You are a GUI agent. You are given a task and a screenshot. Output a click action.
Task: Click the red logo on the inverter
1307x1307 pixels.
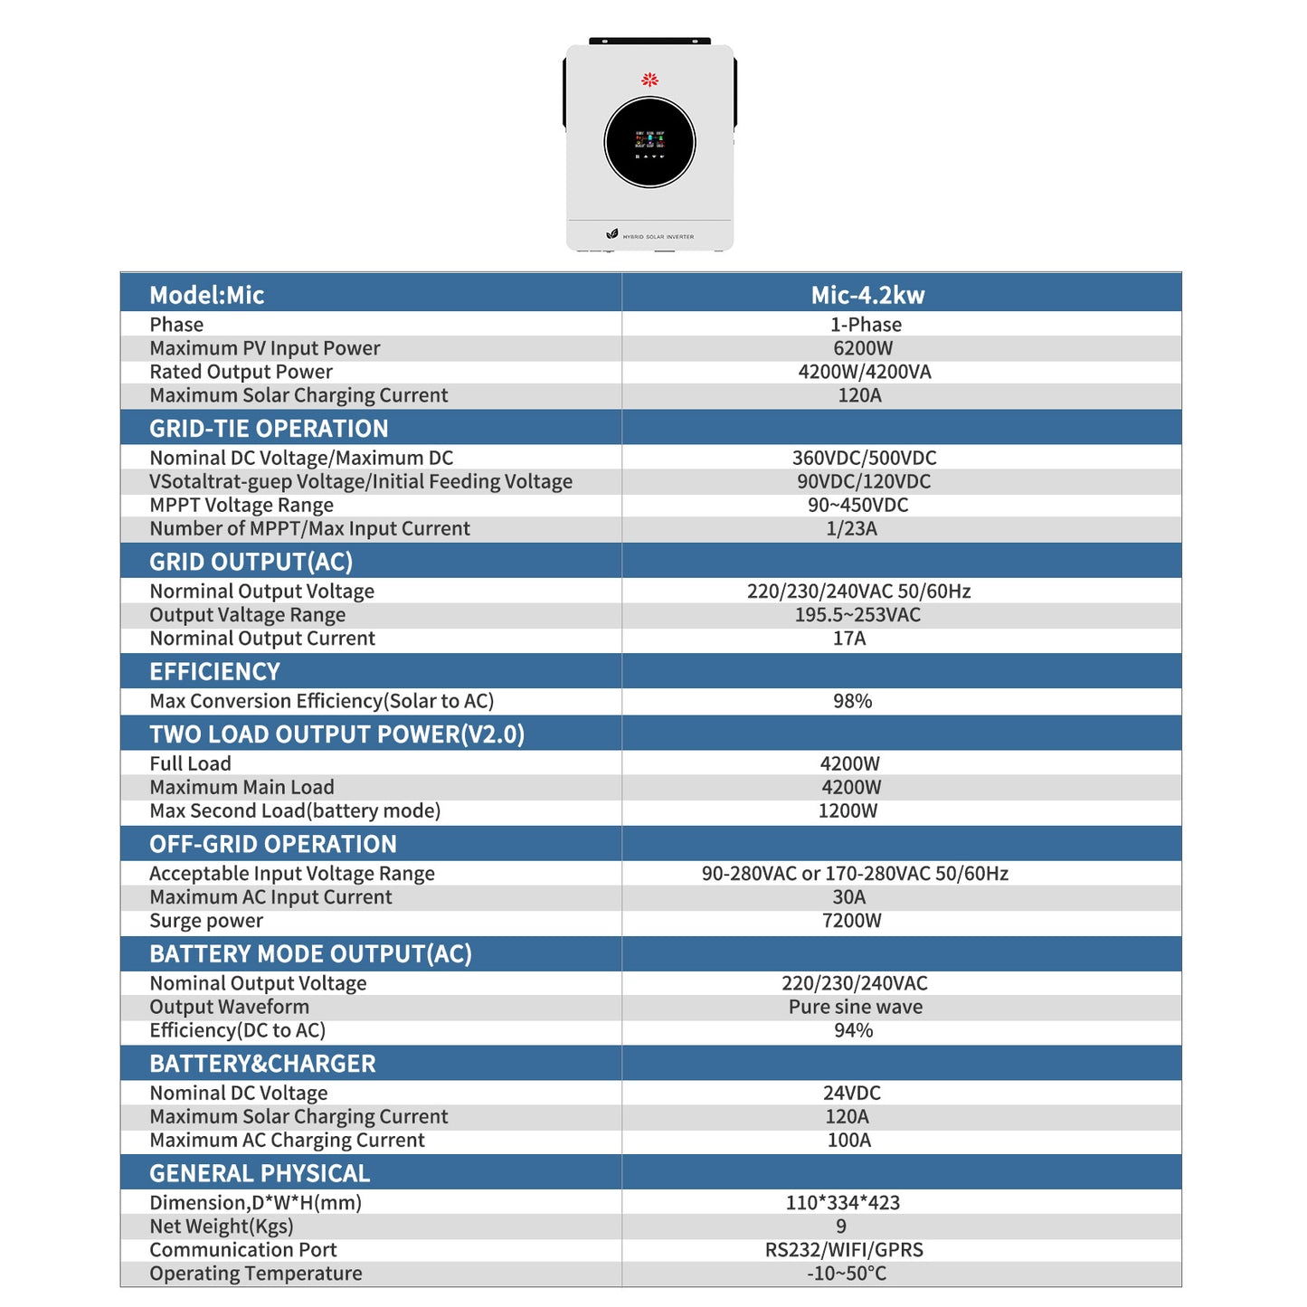tap(649, 80)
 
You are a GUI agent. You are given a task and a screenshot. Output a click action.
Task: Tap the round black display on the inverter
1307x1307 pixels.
tap(649, 142)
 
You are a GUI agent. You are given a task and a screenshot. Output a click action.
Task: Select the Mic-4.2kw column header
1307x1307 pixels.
tap(867, 295)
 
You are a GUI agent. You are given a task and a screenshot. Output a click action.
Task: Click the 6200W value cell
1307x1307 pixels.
tap(863, 348)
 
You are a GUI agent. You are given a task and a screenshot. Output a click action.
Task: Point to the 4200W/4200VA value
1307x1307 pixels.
tap(865, 372)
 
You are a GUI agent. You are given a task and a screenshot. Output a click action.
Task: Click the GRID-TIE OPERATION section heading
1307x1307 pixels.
tap(269, 429)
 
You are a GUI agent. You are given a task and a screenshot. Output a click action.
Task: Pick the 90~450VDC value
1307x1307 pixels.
tap(857, 505)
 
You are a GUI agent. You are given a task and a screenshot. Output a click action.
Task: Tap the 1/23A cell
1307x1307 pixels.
tap(851, 528)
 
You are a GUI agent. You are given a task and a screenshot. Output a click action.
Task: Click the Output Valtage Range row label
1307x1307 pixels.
tap(247, 615)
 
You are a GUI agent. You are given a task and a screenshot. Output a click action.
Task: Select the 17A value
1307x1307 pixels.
tap(849, 639)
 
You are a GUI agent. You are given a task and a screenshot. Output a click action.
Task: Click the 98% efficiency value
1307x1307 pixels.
tap(852, 701)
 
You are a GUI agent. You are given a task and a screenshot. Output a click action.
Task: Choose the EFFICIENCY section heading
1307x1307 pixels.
tap(214, 672)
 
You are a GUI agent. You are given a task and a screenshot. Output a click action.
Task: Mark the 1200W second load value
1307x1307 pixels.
tap(848, 810)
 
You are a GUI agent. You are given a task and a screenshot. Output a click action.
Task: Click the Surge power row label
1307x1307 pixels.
tap(206, 921)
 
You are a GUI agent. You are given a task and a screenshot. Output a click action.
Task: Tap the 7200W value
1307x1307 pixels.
tap(851, 921)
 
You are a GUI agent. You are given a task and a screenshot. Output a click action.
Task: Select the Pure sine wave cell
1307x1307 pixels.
tap(856, 1007)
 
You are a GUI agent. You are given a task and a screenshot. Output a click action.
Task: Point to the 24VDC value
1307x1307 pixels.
tap(851, 1093)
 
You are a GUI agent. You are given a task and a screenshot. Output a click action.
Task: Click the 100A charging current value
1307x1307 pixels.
tap(849, 1140)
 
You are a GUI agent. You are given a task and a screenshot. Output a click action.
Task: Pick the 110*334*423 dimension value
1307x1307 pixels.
tap(842, 1203)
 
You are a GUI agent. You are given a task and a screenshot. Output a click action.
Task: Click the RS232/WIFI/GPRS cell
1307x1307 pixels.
tap(844, 1250)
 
